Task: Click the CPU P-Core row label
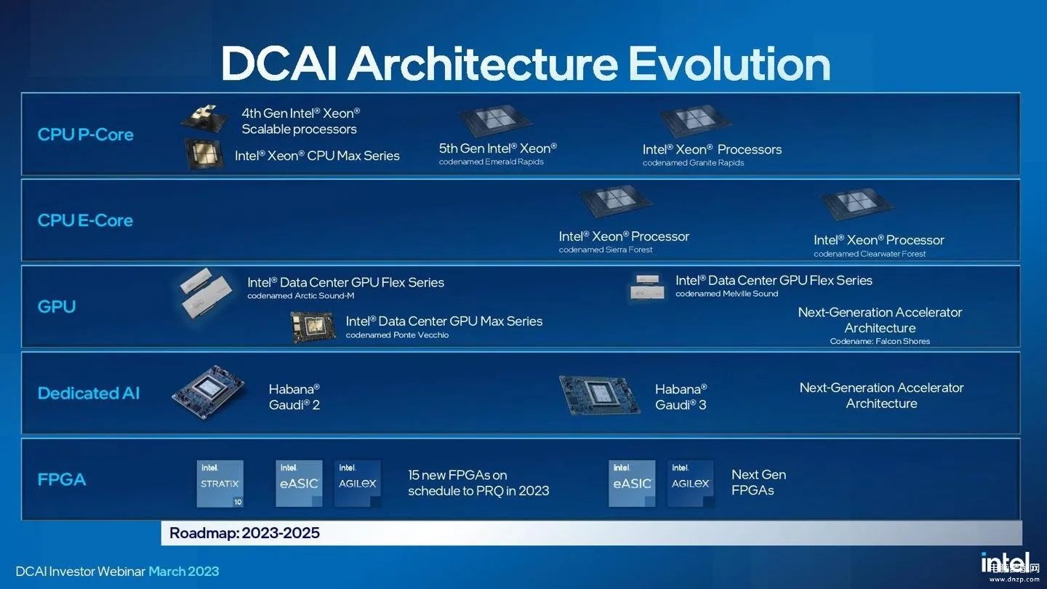[x=85, y=135]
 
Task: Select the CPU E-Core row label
[x=85, y=220]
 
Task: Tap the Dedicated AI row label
[x=88, y=393]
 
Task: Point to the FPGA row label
[x=62, y=480]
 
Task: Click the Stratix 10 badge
[x=220, y=484]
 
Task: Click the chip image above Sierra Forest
[x=615, y=201]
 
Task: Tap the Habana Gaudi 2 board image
[x=209, y=393]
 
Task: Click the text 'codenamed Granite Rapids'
[x=693, y=163]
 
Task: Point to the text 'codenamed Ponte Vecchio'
[x=397, y=335]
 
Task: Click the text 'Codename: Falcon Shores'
[x=880, y=341]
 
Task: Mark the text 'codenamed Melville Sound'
[x=726, y=294]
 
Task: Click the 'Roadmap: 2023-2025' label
[x=244, y=533]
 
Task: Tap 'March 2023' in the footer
[x=183, y=572]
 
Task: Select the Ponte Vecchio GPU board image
[x=313, y=327]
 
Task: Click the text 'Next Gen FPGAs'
[x=758, y=482]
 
